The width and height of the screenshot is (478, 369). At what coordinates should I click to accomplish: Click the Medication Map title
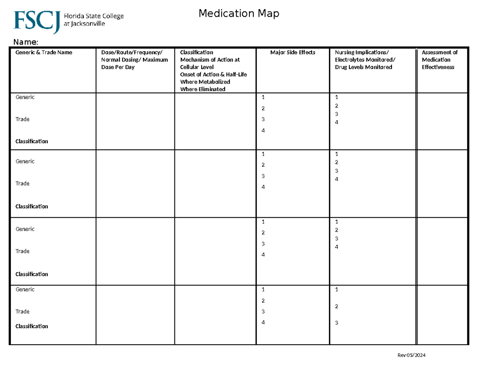[x=239, y=14]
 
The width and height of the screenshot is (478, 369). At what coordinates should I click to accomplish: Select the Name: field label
[x=26, y=42]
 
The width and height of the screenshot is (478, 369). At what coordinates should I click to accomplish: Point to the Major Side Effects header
[x=293, y=52]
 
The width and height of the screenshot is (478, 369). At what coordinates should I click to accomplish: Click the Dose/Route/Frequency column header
[x=132, y=52]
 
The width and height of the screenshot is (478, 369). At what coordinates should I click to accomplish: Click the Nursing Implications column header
[x=363, y=52]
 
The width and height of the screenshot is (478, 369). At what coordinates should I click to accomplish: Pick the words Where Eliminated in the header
[x=203, y=89]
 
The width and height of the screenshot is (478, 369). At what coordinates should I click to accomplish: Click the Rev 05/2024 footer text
[x=411, y=355]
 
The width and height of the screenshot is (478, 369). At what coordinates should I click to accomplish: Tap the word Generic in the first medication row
[x=25, y=97]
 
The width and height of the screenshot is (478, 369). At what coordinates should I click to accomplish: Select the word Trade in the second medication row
[x=22, y=184]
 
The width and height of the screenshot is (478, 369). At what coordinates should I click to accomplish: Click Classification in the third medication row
[x=31, y=274]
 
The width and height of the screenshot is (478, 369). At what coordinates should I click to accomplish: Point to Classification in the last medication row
[x=31, y=326]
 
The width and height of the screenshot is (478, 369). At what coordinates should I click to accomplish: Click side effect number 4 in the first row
[x=263, y=131]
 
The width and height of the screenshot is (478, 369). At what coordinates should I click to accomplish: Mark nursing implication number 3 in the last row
[x=337, y=323]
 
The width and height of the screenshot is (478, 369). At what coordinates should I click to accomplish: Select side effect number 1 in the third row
[x=263, y=222]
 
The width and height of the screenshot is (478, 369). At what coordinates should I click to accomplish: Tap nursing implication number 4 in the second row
[x=337, y=179]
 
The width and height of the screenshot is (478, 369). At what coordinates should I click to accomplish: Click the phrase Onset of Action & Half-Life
[x=214, y=74]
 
